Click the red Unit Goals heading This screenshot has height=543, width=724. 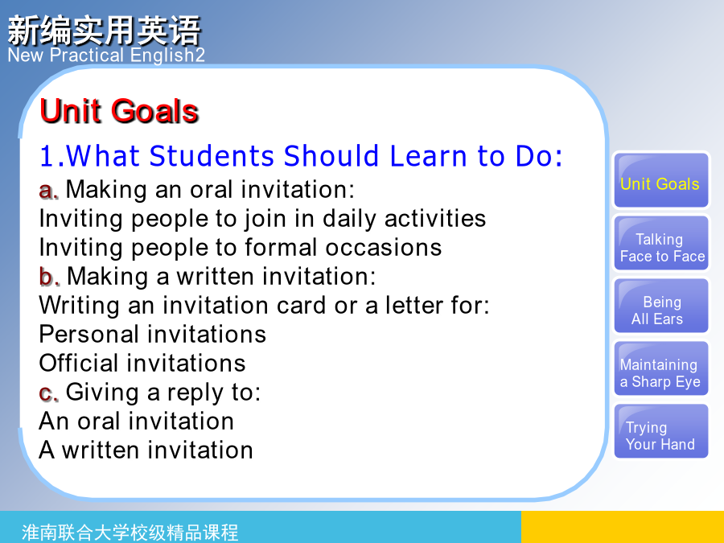click(x=119, y=111)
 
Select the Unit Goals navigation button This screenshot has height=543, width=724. click(x=661, y=180)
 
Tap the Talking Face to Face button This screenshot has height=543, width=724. click(x=661, y=243)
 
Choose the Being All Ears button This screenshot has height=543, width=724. click(x=661, y=306)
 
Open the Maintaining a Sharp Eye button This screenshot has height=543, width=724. click(x=661, y=368)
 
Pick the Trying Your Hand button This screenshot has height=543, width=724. click(x=661, y=431)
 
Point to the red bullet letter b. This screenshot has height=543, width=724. click(x=49, y=277)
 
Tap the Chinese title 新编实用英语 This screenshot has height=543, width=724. click(x=105, y=31)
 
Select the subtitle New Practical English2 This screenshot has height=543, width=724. click(x=106, y=56)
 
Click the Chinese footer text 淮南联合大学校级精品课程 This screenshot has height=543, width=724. click(x=130, y=533)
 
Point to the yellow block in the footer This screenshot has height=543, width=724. click(x=623, y=527)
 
